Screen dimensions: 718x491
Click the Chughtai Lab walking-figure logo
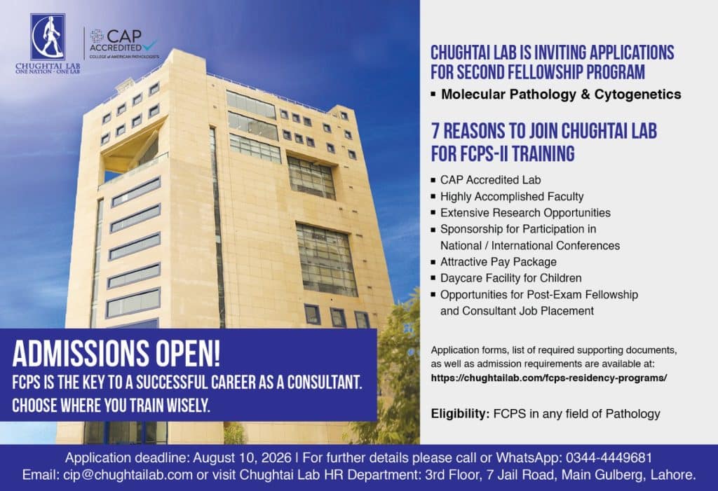48,36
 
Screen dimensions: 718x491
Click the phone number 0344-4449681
609,457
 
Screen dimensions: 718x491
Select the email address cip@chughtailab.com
127,475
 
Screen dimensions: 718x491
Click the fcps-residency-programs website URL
548,378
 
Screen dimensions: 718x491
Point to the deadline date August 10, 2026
242,457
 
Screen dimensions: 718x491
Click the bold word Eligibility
460,414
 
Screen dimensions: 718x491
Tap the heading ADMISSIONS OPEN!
116,354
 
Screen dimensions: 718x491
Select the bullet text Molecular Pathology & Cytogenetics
561,95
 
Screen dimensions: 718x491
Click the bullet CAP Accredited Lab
490,180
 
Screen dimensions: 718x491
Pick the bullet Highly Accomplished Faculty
512,196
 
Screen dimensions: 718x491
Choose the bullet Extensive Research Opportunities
525,213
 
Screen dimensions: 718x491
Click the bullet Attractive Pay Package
499,262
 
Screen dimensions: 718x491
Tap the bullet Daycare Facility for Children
511,278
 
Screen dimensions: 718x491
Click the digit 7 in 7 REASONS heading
436,131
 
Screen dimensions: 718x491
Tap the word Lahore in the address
672,475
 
